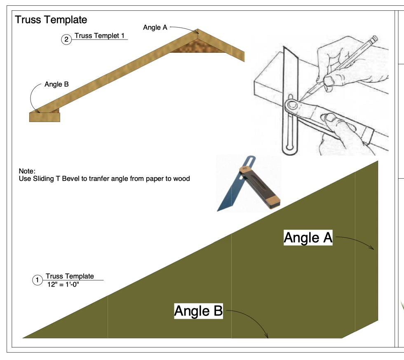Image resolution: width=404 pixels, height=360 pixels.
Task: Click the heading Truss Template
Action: (x=51, y=20)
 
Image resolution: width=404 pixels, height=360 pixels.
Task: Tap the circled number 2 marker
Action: (x=66, y=40)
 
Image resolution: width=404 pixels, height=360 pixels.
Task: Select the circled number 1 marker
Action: (x=37, y=280)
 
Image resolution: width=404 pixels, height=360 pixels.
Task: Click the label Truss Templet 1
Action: (x=99, y=36)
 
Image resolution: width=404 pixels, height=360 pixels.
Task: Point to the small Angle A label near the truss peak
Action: (x=155, y=28)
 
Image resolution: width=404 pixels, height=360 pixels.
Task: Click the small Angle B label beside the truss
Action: (x=56, y=84)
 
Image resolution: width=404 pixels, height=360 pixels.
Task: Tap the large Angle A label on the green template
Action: (x=308, y=238)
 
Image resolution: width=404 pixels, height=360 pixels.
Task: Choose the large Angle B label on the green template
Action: (x=198, y=311)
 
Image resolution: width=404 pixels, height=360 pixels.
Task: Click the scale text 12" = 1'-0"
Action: (x=63, y=284)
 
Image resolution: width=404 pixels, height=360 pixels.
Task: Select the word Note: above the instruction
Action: (x=27, y=171)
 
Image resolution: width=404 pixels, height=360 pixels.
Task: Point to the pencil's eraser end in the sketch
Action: (x=374, y=40)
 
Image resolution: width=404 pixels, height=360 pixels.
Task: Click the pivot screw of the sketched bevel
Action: (x=292, y=105)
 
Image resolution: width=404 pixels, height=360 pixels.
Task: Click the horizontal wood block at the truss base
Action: (x=45, y=117)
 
